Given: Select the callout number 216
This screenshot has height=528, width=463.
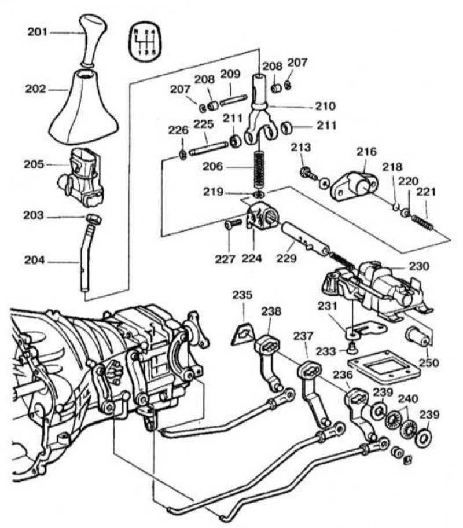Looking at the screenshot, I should pyautogui.click(x=366, y=152).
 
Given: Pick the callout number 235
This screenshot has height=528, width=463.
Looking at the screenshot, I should pyautogui.click(x=242, y=295).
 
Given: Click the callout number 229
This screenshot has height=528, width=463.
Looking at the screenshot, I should pyautogui.click(x=286, y=259).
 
